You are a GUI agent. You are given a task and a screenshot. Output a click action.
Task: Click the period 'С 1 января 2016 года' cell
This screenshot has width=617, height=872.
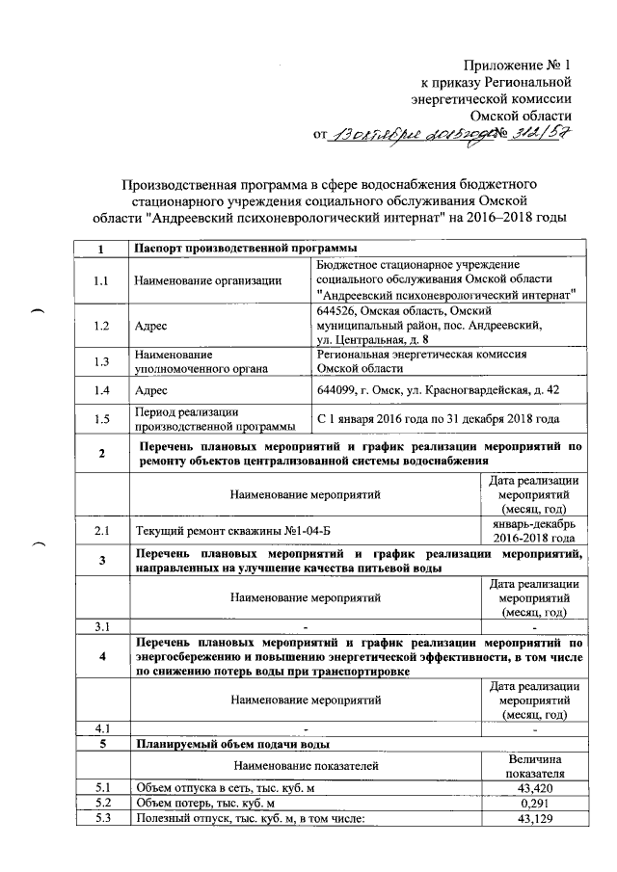point(438,419)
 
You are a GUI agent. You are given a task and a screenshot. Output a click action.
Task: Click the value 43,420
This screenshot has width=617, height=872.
point(533,787)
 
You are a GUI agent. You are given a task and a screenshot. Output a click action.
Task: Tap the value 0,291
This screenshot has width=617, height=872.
point(533,803)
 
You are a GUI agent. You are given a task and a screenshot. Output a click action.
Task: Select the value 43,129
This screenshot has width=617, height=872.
point(533,819)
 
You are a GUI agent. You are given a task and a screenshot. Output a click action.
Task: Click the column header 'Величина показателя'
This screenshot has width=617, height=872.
point(533,764)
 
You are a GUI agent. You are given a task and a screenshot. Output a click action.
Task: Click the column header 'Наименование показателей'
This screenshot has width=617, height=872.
point(306,764)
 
